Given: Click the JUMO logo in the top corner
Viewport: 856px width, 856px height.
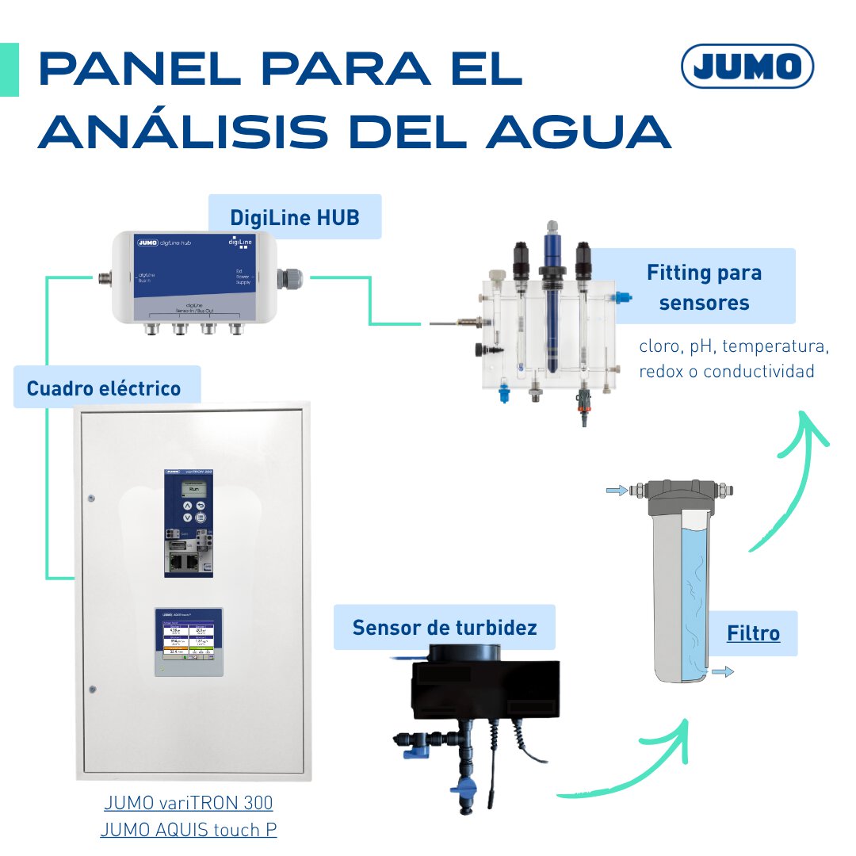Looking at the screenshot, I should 747,66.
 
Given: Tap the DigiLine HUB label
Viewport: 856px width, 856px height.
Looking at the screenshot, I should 294,216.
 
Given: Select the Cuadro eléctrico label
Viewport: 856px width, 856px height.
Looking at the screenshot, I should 104,388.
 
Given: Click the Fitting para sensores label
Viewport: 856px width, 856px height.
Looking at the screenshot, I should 704,287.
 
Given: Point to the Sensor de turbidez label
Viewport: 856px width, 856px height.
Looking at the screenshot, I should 445,628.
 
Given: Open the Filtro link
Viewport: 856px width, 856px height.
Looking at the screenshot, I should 753,633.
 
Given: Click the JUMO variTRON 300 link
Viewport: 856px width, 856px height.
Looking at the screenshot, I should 189,802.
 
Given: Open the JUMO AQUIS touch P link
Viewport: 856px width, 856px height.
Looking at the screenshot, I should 189,830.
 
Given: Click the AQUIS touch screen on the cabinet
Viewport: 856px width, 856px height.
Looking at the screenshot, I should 189,640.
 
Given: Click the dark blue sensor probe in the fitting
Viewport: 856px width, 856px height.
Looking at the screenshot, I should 550,309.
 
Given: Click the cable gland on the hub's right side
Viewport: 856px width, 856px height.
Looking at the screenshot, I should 292,277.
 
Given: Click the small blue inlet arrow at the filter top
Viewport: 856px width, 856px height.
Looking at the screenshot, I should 615,491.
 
